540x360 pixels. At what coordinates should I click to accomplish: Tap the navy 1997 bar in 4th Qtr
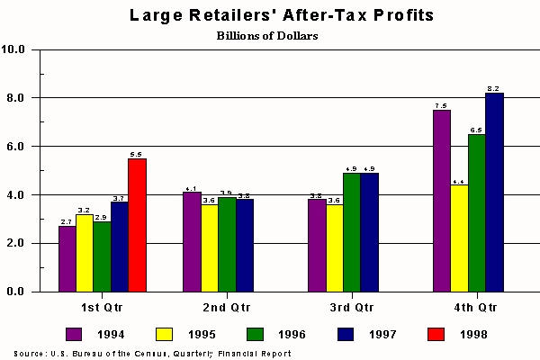[x=494, y=193]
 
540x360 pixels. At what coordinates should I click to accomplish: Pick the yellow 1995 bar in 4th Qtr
[x=459, y=238]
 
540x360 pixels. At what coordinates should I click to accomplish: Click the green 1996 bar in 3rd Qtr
[x=352, y=232]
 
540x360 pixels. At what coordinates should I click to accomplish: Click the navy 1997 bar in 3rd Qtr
[x=369, y=232]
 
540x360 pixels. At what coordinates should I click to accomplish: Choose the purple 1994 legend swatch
[x=75, y=334]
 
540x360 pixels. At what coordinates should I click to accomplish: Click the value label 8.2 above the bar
[x=493, y=88]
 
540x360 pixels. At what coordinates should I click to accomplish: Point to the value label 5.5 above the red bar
[x=137, y=154]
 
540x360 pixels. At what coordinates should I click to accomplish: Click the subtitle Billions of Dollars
[x=268, y=36]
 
